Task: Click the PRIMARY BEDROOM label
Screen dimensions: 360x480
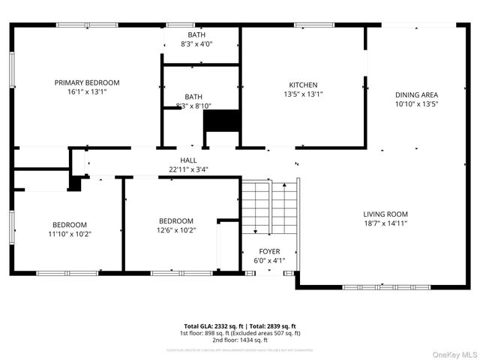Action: tap(87, 82)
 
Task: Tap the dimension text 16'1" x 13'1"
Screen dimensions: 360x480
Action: tap(87, 92)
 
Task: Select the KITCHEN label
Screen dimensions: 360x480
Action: tap(304, 85)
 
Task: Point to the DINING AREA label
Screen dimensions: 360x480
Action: tap(416, 94)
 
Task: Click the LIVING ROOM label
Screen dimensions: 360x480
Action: tap(385, 214)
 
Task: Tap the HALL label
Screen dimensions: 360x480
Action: tap(188, 160)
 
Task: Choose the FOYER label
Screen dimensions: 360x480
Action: tap(269, 252)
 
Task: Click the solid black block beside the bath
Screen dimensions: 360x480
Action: tap(221, 121)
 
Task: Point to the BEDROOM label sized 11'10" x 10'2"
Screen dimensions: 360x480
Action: tap(69, 224)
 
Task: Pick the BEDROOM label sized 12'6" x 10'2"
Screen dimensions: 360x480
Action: tap(175, 220)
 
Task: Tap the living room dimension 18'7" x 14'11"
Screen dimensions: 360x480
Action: tap(385, 223)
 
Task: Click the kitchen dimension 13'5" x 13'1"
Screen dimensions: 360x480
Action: tap(304, 94)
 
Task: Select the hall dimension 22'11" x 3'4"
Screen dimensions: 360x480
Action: tap(188, 169)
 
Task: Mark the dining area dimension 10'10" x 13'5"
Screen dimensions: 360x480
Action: tap(416, 104)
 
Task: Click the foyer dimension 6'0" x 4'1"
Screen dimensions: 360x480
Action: tap(269, 261)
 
